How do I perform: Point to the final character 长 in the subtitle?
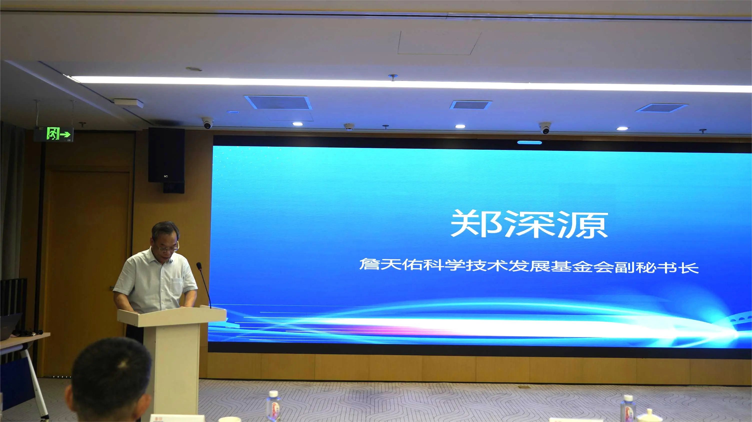click(x=689, y=267)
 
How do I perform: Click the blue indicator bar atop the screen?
click(x=529, y=142)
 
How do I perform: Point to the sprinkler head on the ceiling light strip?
click(x=393, y=77)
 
